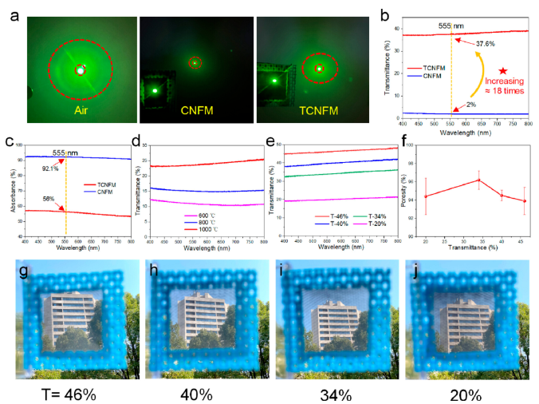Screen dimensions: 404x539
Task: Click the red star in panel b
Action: [x=502, y=72]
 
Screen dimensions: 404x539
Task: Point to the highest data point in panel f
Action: [x=478, y=180]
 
